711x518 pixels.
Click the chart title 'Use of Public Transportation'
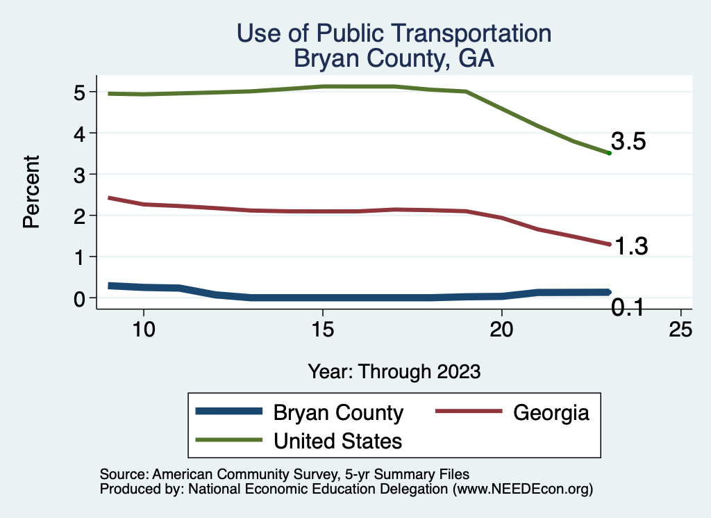click(394, 33)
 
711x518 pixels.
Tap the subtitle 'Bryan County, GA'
click(394, 58)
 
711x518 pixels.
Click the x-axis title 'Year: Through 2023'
click(394, 371)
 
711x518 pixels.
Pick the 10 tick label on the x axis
click(143, 330)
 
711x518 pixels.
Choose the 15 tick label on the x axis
click(322, 330)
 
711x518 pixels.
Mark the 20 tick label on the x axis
click(501, 330)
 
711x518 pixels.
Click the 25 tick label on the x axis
click(680, 330)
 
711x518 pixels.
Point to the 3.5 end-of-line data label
click(629, 142)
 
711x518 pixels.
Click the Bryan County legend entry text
click(338, 413)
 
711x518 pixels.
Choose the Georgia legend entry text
click(551, 413)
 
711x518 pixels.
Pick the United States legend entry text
click(338, 440)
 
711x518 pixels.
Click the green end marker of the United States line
click(609, 153)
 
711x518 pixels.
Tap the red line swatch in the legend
click(467, 412)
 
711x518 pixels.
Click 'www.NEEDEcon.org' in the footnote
click(522, 489)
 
